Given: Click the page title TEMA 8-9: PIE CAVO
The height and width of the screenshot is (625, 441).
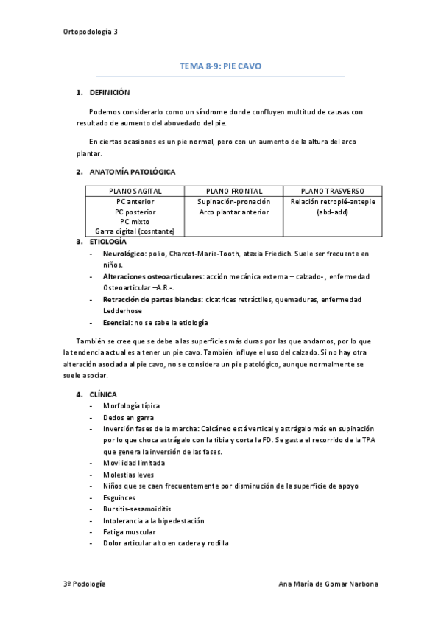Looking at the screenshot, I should (220, 66).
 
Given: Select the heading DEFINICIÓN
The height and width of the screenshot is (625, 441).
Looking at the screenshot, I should (109, 93).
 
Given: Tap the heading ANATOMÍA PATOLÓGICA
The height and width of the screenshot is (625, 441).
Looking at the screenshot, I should (132, 172).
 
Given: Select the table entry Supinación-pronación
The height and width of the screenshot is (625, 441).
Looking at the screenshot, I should (233, 201).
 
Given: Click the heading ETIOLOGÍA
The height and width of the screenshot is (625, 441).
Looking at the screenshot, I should (107, 242).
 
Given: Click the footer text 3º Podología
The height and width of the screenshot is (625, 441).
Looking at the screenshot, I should (85, 584).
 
